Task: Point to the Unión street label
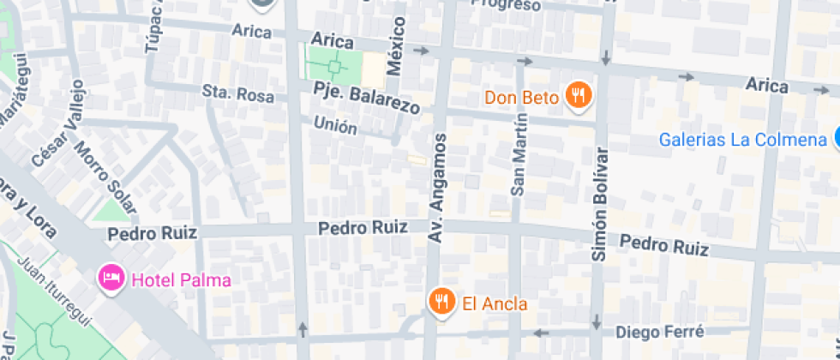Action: click(x=335, y=126)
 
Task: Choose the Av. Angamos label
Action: click(x=438, y=186)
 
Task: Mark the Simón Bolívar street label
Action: click(x=600, y=204)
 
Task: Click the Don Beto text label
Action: click(x=520, y=97)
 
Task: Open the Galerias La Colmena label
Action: click(x=741, y=140)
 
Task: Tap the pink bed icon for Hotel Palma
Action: click(x=111, y=278)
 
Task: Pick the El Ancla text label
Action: click(x=495, y=303)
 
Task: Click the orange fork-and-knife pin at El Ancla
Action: click(x=441, y=301)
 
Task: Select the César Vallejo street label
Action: click(x=59, y=124)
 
